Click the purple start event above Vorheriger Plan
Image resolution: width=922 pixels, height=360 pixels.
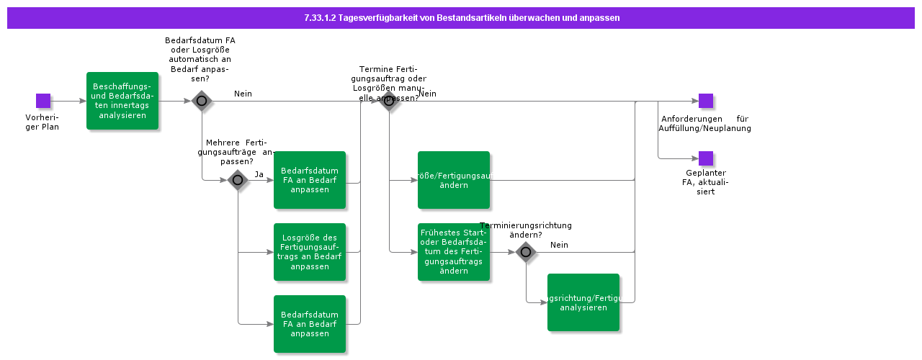(x=43, y=101)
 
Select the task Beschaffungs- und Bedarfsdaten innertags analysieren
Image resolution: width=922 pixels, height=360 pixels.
(x=122, y=101)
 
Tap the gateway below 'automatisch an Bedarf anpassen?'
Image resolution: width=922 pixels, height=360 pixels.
(x=202, y=101)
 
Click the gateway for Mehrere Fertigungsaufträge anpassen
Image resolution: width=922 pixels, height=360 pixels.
(x=238, y=180)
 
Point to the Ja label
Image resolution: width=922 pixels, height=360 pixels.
(x=259, y=174)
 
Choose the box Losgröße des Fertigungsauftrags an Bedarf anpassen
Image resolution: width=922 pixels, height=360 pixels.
(x=310, y=252)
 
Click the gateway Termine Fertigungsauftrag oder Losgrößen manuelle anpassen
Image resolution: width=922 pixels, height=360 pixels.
(x=389, y=101)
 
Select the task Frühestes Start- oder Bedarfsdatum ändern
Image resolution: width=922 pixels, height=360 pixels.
(x=454, y=252)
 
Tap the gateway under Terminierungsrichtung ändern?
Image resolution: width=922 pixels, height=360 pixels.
(x=526, y=252)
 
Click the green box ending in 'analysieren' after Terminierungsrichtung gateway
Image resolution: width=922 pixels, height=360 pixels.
(x=583, y=302)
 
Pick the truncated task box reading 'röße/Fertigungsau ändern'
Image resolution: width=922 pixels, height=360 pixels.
(x=454, y=180)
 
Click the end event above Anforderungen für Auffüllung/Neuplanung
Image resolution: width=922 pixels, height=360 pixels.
(x=706, y=101)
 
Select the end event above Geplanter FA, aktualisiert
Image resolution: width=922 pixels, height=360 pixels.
(x=706, y=158)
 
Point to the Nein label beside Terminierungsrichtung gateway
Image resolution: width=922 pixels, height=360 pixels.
(x=559, y=245)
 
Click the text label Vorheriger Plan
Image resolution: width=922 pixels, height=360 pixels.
(x=47, y=122)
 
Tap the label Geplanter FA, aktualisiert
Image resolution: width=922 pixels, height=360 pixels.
(x=706, y=182)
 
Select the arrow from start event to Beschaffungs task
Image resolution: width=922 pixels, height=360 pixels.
(x=68, y=101)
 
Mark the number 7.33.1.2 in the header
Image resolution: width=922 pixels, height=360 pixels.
(x=321, y=17)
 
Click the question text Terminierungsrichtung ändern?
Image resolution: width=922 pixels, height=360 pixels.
(x=526, y=230)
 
